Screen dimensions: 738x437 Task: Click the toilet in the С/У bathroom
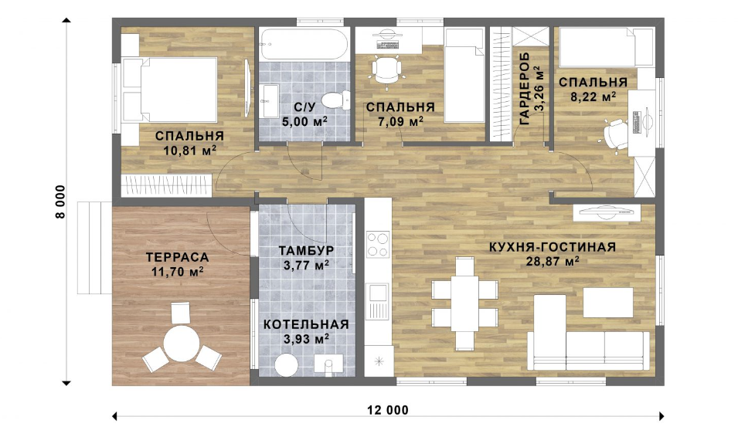click(x=335, y=100)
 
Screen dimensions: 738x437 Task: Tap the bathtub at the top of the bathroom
click(x=304, y=44)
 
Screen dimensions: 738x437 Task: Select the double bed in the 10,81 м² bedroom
click(x=169, y=90)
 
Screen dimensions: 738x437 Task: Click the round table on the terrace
click(x=182, y=344)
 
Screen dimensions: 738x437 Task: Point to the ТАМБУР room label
click(x=306, y=250)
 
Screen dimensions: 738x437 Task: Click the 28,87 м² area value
click(x=552, y=261)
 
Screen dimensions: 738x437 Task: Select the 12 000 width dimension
click(x=388, y=410)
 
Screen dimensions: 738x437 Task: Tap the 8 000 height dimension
click(x=61, y=202)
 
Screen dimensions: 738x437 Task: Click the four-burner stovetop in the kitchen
click(x=378, y=245)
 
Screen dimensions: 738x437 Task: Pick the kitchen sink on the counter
click(x=377, y=301)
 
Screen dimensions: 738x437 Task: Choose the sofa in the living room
click(x=588, y=334)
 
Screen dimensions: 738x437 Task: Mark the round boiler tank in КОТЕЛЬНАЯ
click(x=286, y=365)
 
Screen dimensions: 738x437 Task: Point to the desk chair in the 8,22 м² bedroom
click(x=616, y=134)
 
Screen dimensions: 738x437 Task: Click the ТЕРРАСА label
click(x=177, y=257)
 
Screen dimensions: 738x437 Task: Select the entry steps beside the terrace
click(x=94, y=247)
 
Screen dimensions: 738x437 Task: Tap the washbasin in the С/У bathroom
click(x=270, y=100)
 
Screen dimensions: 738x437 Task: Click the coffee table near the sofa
click(x=608, y=303)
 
